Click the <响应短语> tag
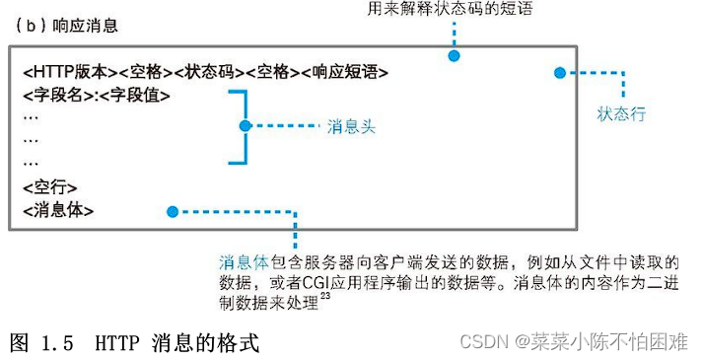(x=345, y=72)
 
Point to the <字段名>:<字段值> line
(x=95, y=96)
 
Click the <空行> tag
(x=49, y=186)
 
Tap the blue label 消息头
(x=352, y=127)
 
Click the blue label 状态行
(x=621, y=113)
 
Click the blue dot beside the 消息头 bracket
(x=246, y=126)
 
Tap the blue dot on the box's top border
(x=455, y=55)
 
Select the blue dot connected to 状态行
(x=559, y=72)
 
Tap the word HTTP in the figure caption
(x=117, y=342)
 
